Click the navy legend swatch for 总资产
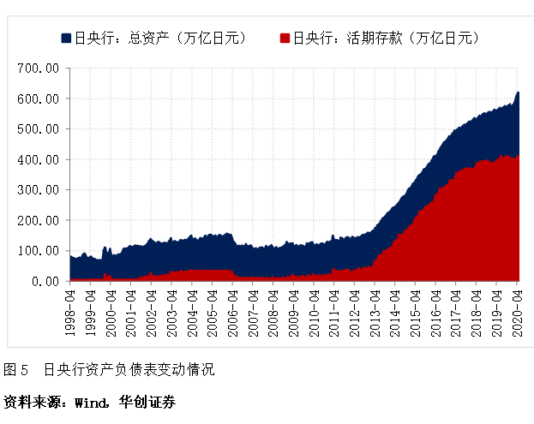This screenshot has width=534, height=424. (x=66, y=38)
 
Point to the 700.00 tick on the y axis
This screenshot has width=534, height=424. (x=39, y=68)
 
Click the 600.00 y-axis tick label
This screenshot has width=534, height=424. (x=39, y=99)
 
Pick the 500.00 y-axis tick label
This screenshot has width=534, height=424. (x=39, y=128)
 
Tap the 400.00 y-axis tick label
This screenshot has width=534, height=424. (x=39, y=159)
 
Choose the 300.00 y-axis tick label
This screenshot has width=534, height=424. (x=39, y=189)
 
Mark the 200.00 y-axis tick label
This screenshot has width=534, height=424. (x=39, y=220)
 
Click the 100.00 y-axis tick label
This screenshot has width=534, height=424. (x=39, y=250)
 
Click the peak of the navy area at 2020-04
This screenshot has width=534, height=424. (x=518, y=93)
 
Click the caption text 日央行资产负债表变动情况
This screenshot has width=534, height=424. (x=129, y=370)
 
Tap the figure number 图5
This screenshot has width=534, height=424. (x=16, y=370)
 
